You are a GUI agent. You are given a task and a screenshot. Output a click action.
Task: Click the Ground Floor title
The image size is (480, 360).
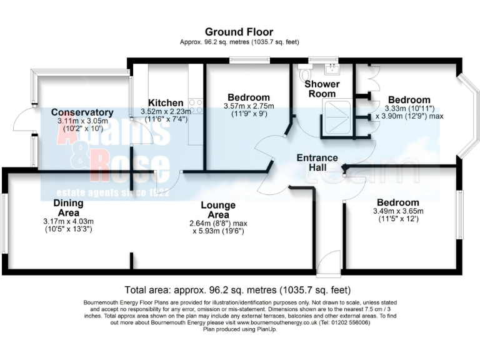[x=239, y=32]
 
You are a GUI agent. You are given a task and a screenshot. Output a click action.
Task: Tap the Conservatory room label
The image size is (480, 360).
[x=82, y=112]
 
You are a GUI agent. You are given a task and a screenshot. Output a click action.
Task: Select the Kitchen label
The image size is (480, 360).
[x=166, y=103]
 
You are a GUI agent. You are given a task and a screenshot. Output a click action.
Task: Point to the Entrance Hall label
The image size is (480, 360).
[x=317, y=163]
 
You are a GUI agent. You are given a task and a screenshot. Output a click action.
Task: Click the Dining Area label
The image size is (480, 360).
[x=68, y=207]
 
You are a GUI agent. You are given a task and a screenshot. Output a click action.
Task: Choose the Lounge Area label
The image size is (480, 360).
[x=217, y=210]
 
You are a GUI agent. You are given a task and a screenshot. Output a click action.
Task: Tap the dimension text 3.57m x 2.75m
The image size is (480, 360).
[x=249, y=106]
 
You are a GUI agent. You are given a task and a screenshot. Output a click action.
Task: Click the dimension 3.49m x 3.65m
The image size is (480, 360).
[x=397, y=211]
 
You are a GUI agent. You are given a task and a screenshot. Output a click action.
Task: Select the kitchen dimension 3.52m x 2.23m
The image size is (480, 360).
[x=166, y=112]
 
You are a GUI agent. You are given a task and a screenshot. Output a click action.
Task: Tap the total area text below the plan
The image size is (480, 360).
[x=237, y=290]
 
